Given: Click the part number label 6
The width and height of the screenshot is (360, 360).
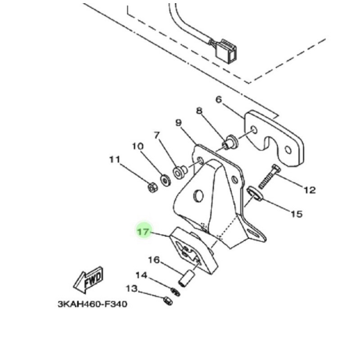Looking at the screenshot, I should coord(219,99).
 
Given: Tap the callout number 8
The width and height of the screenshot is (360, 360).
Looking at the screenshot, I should coord(199,111).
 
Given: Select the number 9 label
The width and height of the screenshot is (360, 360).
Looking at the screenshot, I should coord(178,122).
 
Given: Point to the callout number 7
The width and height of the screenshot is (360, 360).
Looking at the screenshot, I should coord(157,135).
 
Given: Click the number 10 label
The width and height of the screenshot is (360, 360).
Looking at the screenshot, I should coord(137,146).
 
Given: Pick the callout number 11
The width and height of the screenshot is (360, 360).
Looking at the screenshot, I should coord(115,159).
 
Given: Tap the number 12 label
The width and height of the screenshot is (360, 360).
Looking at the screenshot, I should coord(310,190).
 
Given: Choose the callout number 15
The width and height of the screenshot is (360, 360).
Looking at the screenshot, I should coord(296,214).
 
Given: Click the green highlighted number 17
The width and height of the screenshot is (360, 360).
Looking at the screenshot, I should coord(144,232).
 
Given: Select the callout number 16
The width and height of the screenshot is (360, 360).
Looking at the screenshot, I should coord(154,260).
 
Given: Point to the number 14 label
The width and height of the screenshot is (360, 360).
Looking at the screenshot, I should coord(141,275).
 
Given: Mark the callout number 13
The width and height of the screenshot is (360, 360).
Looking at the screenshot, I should coord(131,288).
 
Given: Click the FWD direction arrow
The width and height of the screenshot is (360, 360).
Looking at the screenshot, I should coord(89,280).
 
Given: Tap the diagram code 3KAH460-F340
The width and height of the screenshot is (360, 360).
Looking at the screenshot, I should coord(92,304).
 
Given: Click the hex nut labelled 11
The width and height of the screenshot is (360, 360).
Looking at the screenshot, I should coord(153,188).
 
